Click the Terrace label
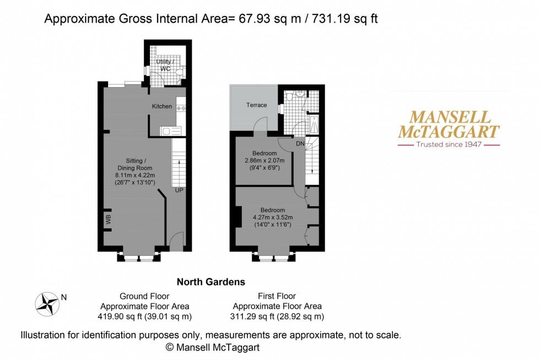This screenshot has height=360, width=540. click(256, 105)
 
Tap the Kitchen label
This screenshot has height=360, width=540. click(162, 106)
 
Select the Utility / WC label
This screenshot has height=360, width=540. click(165, 65)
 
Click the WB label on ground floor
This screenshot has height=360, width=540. click(108, 220)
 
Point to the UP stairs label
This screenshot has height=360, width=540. click(179, 190)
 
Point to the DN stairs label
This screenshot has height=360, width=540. click(300, 143)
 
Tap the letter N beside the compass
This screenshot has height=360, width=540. click(64, 297)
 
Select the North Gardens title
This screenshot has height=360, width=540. click(210, 282)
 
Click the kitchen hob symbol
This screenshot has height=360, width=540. click(181, 108)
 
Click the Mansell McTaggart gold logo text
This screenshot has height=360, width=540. click(449, 124)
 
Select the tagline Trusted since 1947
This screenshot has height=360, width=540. click(449, 144)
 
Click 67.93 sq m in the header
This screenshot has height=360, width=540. click(268, 19)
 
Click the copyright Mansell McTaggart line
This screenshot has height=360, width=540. click(212, 347)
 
